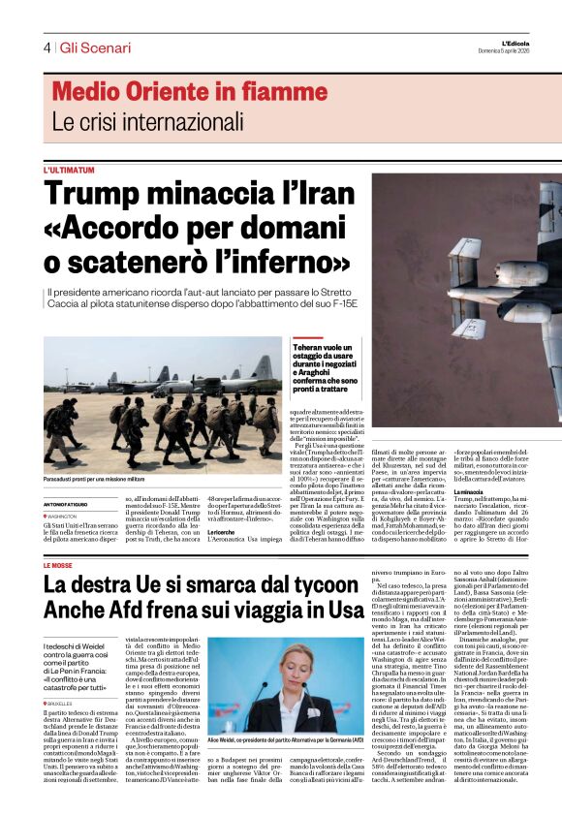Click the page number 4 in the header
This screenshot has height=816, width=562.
pyautogui.click(x=47, y=47)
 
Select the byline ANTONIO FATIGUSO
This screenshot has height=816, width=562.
pyautogui.click(x=71, y=504)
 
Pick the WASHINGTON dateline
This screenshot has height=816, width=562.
pyautogui.click(x=65, y=518)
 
